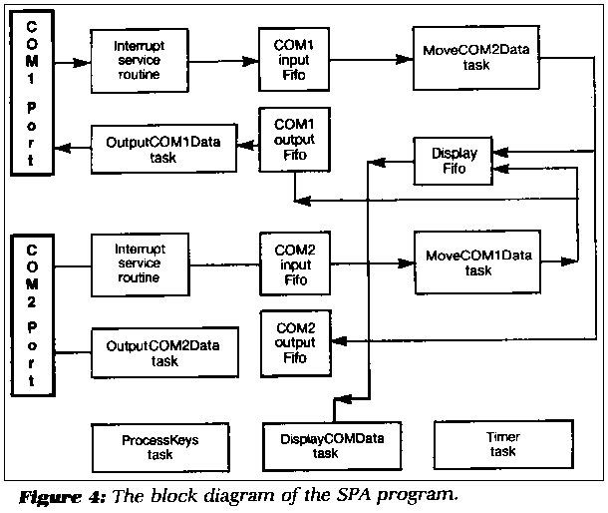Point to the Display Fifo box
(x=454, y=161)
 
